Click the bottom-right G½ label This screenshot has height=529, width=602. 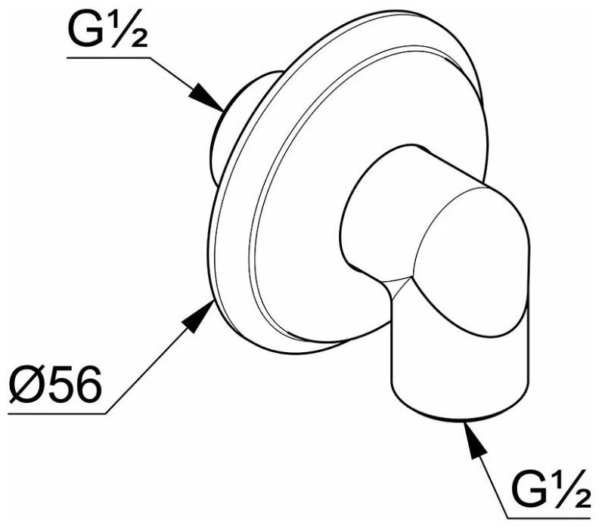click(550, 488)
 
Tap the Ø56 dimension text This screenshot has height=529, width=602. click(56, 384)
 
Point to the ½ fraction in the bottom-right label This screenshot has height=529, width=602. click(571, 488)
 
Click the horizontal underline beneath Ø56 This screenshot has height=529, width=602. click(57, 413)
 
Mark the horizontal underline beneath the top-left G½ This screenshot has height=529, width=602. click(108, 58)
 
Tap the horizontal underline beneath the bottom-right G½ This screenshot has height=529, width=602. click(548, 518)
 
